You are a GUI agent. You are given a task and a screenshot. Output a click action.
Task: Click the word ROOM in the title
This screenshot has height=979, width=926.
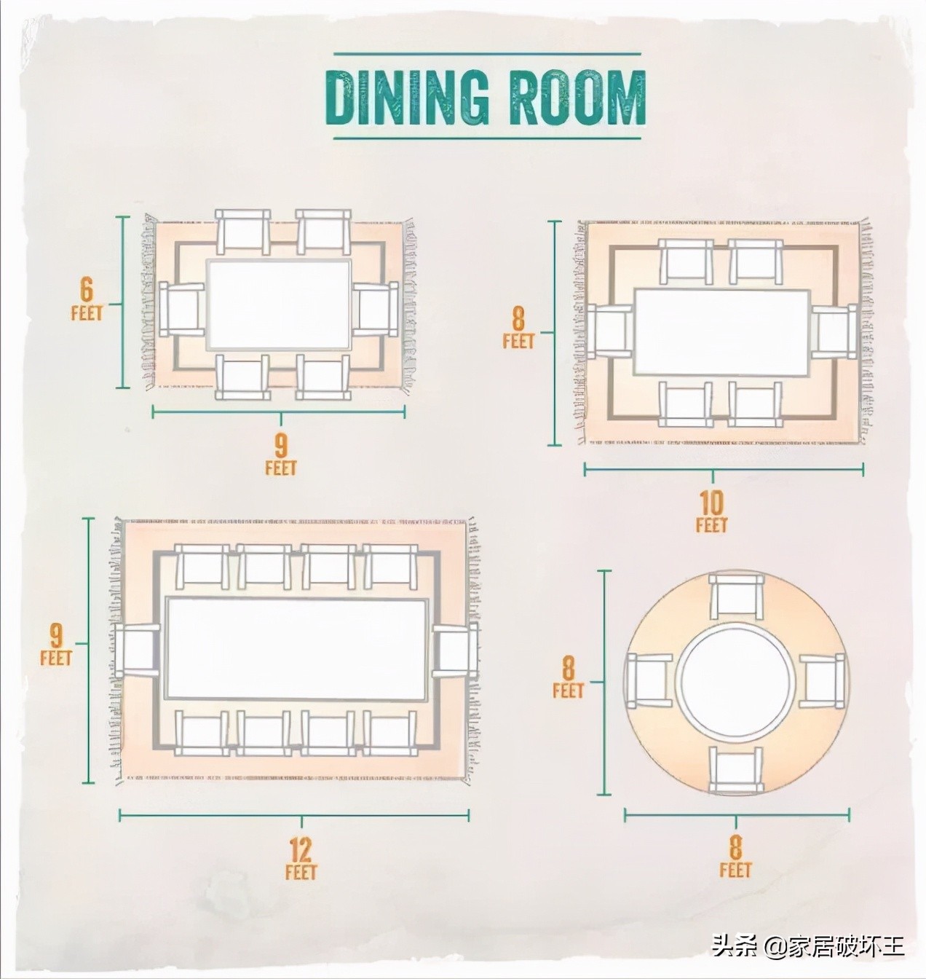point(577,97)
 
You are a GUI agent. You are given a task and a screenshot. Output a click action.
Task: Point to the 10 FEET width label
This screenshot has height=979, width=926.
point(711,511)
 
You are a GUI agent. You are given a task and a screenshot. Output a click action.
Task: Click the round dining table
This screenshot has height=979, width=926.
point(736,683)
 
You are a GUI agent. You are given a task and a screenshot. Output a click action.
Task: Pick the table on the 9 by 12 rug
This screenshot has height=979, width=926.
point(297,649)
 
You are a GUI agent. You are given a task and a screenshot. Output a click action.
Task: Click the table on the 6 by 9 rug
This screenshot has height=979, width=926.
point(279,304)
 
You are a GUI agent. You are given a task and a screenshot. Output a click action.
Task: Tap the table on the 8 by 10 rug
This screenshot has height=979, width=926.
point(722,332)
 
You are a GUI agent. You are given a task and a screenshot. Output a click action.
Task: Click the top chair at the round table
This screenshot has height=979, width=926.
point(736,597)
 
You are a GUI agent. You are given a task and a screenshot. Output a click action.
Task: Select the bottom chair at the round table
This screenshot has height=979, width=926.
point(736,769)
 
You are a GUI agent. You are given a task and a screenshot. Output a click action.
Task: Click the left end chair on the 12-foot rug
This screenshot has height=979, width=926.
point(138,649)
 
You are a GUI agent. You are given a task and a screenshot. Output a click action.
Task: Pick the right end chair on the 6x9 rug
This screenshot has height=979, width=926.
point(376,309)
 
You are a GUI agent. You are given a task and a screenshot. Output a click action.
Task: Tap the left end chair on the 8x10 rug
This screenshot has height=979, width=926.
point(609,332)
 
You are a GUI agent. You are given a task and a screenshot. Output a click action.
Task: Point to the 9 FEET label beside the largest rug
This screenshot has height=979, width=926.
point(56,643)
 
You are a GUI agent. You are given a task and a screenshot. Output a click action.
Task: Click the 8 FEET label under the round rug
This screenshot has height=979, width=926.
point(735,856)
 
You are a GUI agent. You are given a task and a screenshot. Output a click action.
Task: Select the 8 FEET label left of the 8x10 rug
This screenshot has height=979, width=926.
point(518,326)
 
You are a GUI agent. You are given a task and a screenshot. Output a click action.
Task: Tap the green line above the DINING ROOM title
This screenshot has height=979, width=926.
point(488,53)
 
